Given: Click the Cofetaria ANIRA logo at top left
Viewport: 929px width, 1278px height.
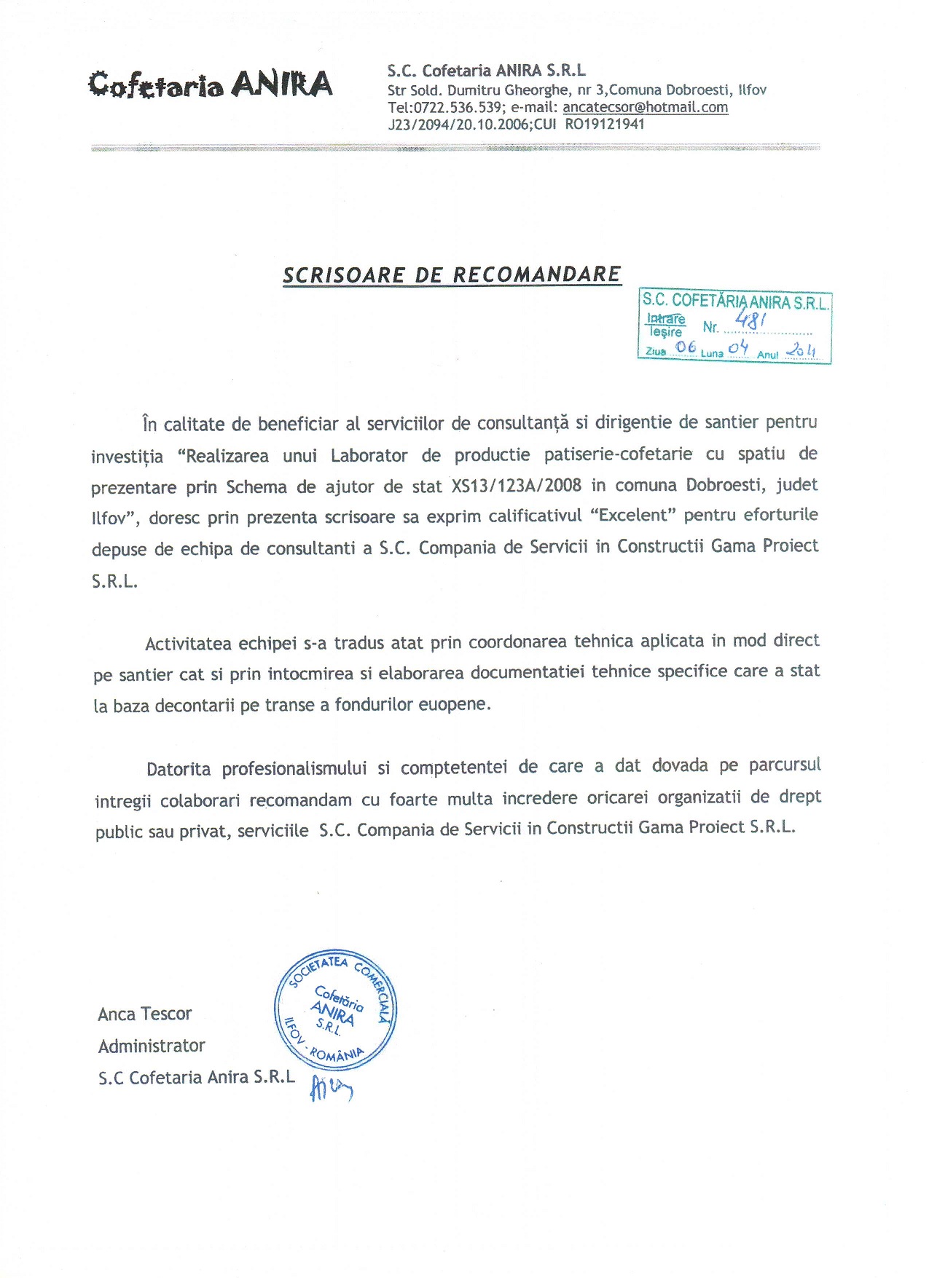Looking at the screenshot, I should tap(210, 84).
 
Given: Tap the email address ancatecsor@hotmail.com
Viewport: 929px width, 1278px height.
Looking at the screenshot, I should tap(645, 107).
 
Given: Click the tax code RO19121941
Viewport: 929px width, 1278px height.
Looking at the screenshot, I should tap(605, 124).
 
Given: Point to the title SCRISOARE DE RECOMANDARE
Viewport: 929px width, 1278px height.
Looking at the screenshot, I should tap(452, 275).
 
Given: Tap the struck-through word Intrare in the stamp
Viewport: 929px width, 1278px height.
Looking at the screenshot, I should tap(666, 318).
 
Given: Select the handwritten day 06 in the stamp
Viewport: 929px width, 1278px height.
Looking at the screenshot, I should tap(686, 347).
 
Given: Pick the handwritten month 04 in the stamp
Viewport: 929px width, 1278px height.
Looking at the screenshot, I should tap(738, 347).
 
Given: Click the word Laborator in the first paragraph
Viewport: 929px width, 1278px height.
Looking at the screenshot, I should tap(369, 456).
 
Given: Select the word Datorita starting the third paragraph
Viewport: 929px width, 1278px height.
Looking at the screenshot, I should tap(179, 769).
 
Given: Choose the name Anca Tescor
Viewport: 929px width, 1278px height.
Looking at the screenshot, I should tap(144, 1014).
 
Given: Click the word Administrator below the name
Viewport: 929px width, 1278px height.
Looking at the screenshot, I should tap(152, 1046).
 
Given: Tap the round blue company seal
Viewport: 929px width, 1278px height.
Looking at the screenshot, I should tap(335, 1009).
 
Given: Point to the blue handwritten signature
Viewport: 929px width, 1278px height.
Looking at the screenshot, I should tap(331, 1087).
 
